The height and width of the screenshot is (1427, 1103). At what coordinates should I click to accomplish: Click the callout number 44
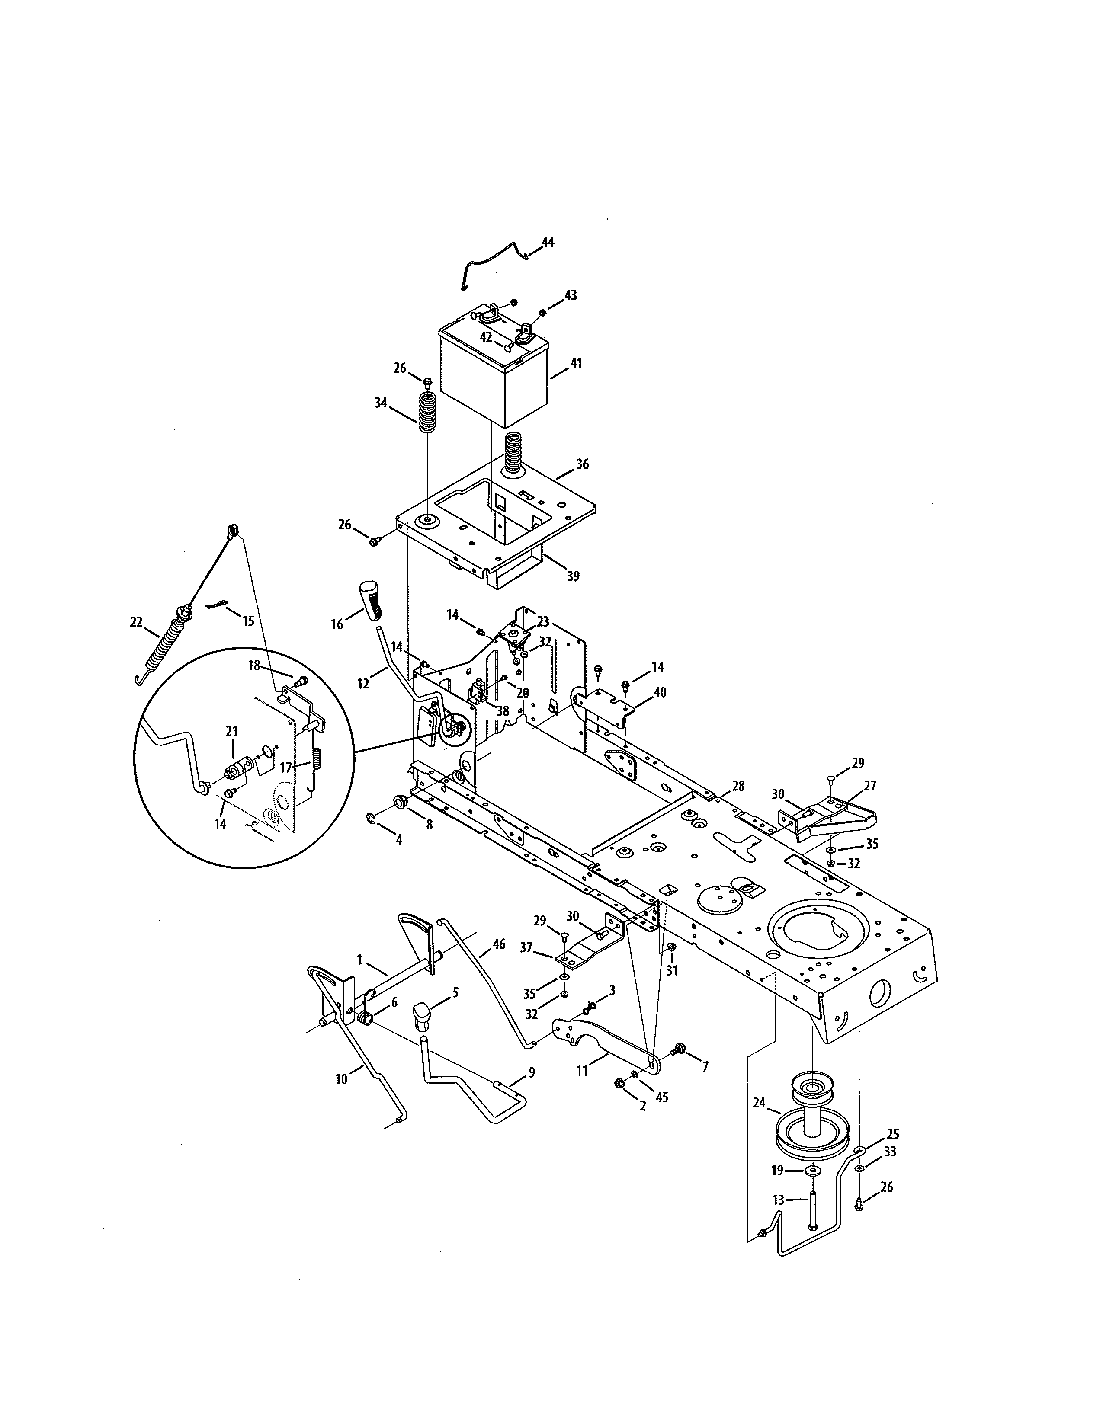coord(548,243)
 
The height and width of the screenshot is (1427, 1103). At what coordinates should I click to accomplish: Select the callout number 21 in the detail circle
coord(231,731)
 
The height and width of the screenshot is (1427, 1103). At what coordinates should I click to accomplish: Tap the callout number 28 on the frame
coord(738,786)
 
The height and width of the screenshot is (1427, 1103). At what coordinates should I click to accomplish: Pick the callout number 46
coord(499,944)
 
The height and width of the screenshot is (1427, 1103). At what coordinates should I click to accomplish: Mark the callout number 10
coord(341,1079)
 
